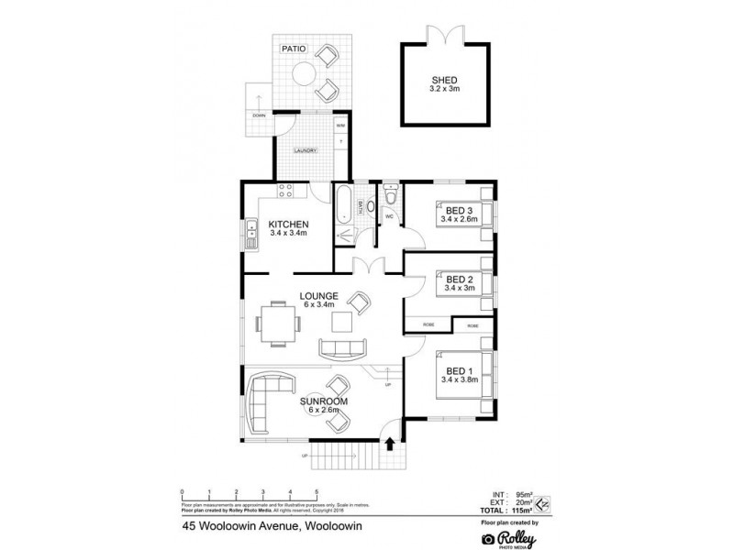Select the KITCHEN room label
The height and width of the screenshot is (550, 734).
pos(287,225)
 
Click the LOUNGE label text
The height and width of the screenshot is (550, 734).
pos(319,295)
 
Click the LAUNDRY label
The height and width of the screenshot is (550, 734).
pos(305,150)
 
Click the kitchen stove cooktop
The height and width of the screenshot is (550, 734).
pos(284,192)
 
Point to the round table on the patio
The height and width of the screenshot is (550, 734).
pos(302,74)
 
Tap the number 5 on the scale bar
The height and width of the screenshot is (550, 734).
pos(317,493)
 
